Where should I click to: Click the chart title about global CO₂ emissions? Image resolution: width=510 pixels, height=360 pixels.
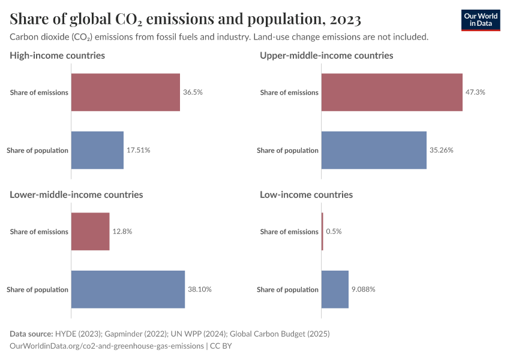[x=185, y=19]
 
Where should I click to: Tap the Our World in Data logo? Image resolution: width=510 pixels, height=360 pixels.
[x=480, y=20]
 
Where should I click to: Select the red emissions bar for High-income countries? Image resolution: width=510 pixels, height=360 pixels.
[x=125, y=92]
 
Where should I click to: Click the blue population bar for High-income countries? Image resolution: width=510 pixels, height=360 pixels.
[x=97, y=150]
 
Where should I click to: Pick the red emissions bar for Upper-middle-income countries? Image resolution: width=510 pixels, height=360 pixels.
[x=392, y=92]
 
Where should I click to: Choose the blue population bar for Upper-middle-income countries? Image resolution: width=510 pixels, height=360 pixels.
[x=374, y=150]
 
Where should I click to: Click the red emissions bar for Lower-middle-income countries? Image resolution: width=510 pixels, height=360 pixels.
[x=91, y=232]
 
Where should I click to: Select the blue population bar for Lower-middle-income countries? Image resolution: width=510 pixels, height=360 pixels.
[x=128, y=289]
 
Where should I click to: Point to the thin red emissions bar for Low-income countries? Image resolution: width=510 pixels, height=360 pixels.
[x=322, y=232]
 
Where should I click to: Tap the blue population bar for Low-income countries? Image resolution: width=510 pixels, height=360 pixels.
[x=335, y=289]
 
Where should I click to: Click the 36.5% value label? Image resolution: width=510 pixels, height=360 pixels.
[x=193, y=92]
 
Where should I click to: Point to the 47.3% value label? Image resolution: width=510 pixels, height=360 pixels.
[x=475, y=92]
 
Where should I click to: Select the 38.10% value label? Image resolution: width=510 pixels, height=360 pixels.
[x=200, y=289]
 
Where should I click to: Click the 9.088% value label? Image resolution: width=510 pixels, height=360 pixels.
[x=364, y=289]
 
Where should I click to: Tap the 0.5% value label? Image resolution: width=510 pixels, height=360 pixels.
[x=334, y=232]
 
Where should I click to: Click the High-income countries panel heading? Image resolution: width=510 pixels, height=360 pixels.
[x=57, y=55]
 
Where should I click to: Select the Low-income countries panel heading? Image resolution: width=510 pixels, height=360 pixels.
[x=306, y=194]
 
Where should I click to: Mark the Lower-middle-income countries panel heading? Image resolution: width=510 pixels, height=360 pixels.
[x=76, y=194]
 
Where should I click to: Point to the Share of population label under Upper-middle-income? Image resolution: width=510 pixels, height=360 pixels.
[x=287, y=150]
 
